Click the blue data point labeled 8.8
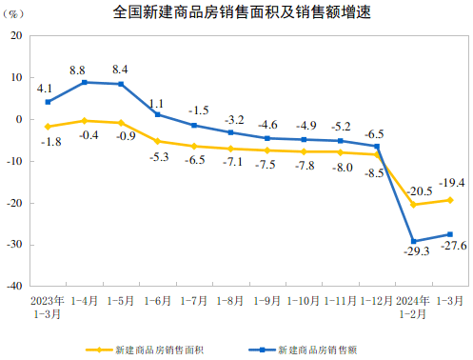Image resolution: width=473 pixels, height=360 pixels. [85, 82]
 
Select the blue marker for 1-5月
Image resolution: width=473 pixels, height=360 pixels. [121, 84]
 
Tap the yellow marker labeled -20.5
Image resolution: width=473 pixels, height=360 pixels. [413, 204]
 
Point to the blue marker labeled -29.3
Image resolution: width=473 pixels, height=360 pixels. [413, 241]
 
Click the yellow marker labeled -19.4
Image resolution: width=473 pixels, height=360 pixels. [449, 200]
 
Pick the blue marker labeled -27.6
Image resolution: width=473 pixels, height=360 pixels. [449, 234]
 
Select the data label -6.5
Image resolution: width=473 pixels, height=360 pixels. [374, 133]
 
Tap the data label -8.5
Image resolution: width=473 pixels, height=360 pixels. [374, 172]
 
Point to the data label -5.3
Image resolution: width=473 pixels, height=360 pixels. [159, 156]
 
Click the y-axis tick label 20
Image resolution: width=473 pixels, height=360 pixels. [16, 35]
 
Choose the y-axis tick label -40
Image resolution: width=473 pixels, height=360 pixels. [14, 286]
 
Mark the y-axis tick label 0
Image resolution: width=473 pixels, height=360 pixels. [19, 119]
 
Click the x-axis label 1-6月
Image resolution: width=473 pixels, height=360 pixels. [157, 300]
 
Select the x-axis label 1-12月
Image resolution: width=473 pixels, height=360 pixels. [376, 300]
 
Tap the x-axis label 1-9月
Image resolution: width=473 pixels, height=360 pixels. [266, 300]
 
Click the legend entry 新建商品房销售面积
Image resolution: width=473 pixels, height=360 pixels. [148, 350]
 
